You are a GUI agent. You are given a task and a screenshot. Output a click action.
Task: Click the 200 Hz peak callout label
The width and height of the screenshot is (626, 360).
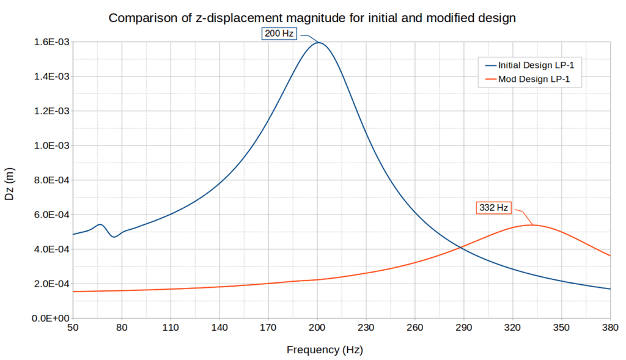[x=279, y=34]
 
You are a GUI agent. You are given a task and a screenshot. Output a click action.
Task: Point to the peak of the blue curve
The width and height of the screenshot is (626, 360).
[x=318, y=42]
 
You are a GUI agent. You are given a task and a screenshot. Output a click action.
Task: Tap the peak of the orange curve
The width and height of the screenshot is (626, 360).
[x=531, y=225]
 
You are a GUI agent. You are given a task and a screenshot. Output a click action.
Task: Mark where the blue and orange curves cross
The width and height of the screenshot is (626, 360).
[x=460, y=247]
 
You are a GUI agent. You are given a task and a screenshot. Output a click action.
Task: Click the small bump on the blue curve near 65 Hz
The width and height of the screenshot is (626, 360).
[x=100, y=224]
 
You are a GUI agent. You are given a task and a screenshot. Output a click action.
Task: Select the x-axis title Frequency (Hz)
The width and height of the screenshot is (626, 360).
[x=324, y=350]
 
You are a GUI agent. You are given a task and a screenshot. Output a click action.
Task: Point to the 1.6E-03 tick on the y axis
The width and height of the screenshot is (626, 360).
[x=51, y=42]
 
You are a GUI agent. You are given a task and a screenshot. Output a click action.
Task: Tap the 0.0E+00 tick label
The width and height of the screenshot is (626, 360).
[x=50, y=318]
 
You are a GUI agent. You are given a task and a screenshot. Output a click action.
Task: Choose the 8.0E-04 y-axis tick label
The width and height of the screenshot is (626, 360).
[x=51, y=180]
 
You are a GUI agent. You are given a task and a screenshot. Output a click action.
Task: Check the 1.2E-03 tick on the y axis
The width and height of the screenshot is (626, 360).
[x=51, y=111]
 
